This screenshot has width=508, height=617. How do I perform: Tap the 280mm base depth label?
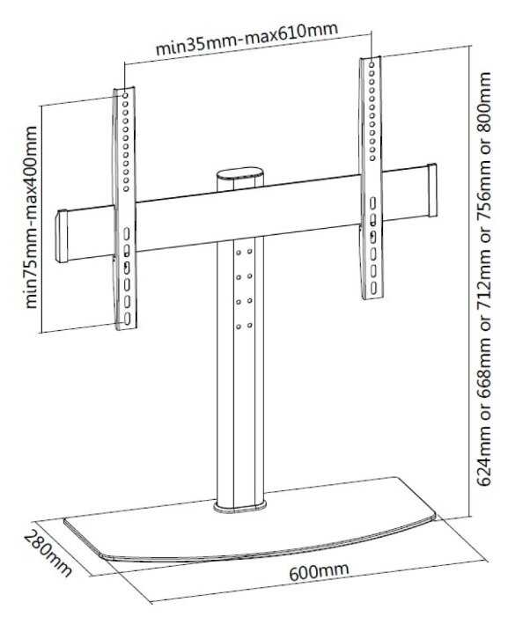48,554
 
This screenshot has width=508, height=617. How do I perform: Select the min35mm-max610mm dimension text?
247,39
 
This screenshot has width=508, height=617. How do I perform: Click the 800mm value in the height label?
483,103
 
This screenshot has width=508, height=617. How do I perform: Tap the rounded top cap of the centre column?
240,174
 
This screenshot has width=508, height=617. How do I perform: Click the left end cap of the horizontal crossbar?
62,236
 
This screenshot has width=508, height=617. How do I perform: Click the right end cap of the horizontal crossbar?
432,190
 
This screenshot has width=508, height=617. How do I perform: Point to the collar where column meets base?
240,507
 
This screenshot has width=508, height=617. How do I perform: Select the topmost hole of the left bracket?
125,96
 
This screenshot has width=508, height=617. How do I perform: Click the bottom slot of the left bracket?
127,319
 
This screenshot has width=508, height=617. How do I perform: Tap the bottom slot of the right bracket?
373,289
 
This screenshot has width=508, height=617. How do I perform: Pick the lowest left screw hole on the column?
238,327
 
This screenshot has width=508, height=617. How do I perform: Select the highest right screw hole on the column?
250,251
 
